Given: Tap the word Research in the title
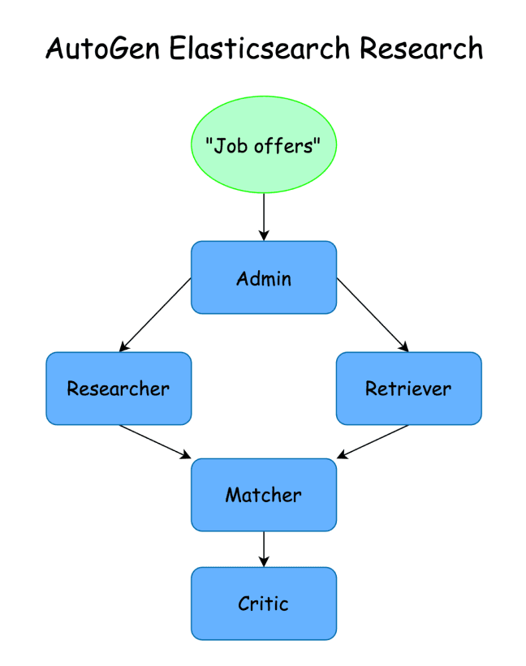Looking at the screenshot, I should [x=421, y=49].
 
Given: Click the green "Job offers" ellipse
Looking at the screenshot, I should [x=263, y=144].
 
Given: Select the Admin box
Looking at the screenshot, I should [x=263, y=277].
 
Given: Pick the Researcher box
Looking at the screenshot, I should [x=119, y=388].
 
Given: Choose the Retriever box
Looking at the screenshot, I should [x=408, y=388].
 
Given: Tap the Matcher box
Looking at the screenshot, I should [x=263, y=495].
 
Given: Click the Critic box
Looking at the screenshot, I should [x=263, y=604].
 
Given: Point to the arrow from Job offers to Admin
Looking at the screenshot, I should [x=263, y=215].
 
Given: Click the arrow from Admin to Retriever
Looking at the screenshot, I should [x=371, y=314].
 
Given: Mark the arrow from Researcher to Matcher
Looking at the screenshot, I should [x=154, y=441].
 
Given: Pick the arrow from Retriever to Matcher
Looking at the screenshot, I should [x=373, y=441].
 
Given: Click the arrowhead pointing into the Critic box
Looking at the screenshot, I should [x=263, y=562].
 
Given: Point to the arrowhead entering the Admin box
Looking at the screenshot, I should [x=263, y=236].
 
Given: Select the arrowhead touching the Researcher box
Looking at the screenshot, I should [x=123, y=347].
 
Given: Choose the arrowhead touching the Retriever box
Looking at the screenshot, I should [x=403, y=347].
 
